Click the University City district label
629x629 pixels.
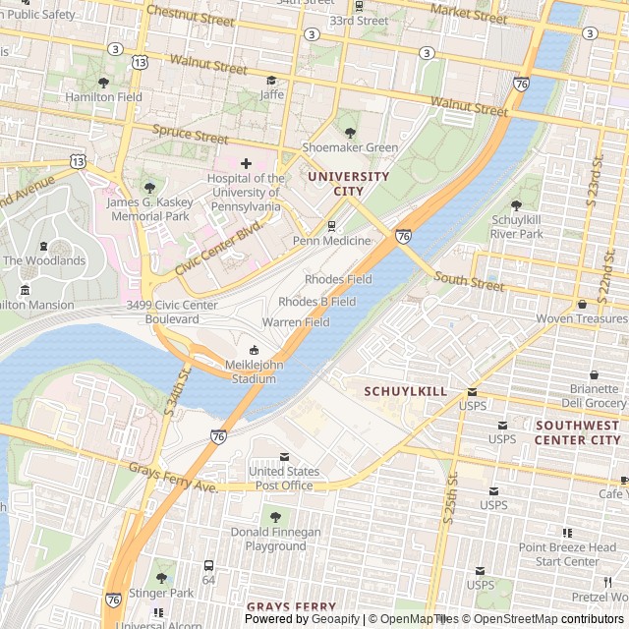[348, 184]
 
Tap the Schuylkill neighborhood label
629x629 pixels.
[406, 391]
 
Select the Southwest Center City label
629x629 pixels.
[577, 432]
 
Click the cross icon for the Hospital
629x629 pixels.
[246, 162]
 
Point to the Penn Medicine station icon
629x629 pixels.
[331, 226]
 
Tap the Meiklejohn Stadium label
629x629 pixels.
[254, 372]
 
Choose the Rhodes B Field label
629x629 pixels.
[316, 302]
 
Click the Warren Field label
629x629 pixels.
[295, 322]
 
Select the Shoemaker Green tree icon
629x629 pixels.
[349, 132]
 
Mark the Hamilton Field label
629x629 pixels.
[103, 97]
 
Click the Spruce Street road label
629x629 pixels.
[190, 134]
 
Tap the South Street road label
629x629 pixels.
[468, 283]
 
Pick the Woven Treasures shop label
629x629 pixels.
[581, 319]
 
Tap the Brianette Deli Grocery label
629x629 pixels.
[594, 396]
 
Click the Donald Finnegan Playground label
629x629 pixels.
[275, 539]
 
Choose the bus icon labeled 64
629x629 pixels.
[208, 566]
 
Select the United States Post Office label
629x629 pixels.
[284, 478]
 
